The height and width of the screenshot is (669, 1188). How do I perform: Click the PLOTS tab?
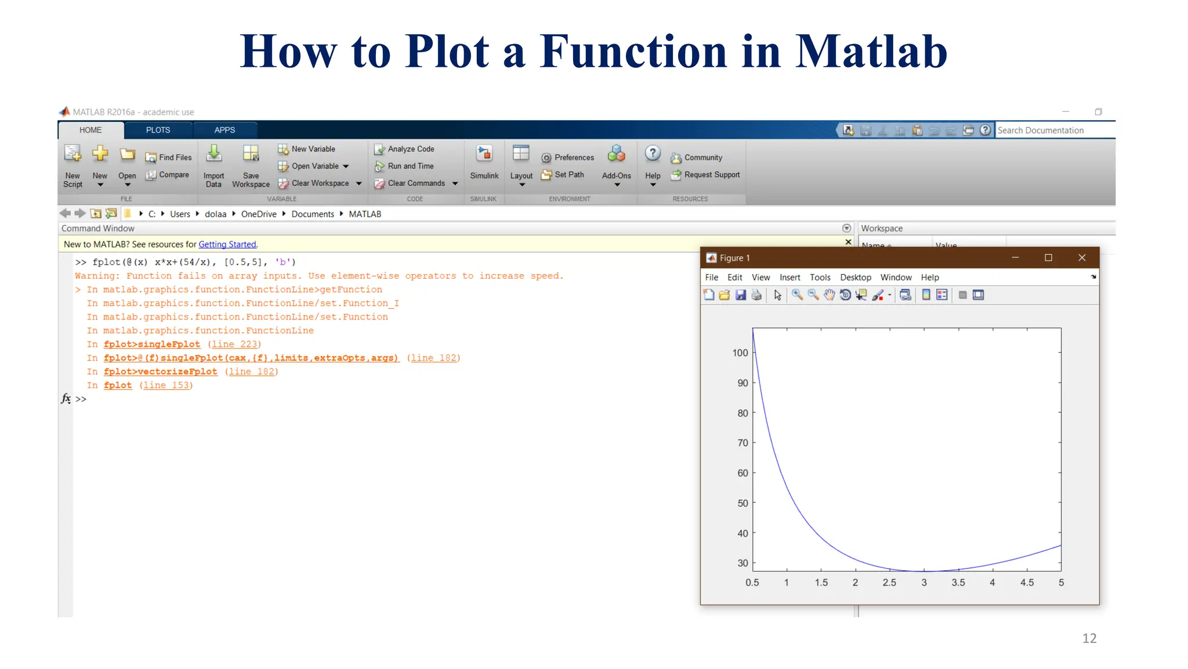[x=158, y=130]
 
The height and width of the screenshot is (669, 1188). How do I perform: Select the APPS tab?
[x=224, y=130]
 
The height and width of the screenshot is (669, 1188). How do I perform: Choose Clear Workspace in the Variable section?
[x=320, y=184]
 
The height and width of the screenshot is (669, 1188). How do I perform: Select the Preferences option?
[x=574, y=157]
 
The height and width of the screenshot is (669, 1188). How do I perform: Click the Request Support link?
[x=711, y=175]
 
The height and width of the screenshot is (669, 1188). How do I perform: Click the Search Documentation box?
[x=1053, y=130]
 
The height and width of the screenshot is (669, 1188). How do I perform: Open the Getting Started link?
[x=227, y=244]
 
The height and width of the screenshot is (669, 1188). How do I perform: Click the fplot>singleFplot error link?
[x=152, y=344]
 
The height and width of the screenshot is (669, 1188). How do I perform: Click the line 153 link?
[x=166, y=386]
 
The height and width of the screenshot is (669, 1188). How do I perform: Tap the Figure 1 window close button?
[x=1082, y=258]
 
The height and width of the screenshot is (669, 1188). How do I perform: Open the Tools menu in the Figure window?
[x=820, y=278]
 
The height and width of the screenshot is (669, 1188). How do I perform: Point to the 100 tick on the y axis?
[x=740, y=353]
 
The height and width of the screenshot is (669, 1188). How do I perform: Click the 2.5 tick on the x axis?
[x=889, y=582]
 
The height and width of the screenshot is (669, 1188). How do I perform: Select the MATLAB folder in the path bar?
[x=365, y=214]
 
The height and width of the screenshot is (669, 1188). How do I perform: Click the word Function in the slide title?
[x=633, y=52]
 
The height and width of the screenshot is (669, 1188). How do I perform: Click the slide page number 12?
[x=1089, y=638]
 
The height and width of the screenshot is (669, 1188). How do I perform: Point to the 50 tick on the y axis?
[x=742, y=503]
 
